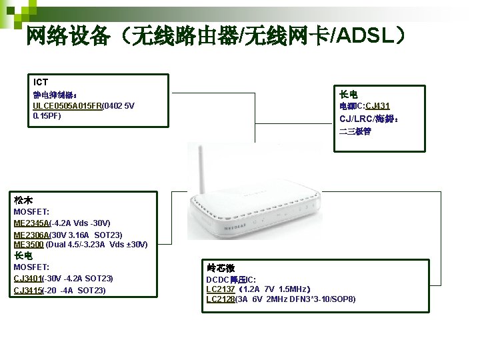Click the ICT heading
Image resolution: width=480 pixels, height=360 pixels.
coord(41,82)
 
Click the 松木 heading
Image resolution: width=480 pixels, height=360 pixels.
coord(23,200)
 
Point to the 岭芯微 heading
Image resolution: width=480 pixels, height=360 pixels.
coord(221,267)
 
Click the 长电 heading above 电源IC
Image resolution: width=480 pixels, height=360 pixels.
coord(349,94)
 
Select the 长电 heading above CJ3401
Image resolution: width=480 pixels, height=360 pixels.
coord(23,255)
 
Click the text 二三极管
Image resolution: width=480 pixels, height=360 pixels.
coord(355,131)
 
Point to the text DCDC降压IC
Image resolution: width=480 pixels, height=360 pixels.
coord(231,279)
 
